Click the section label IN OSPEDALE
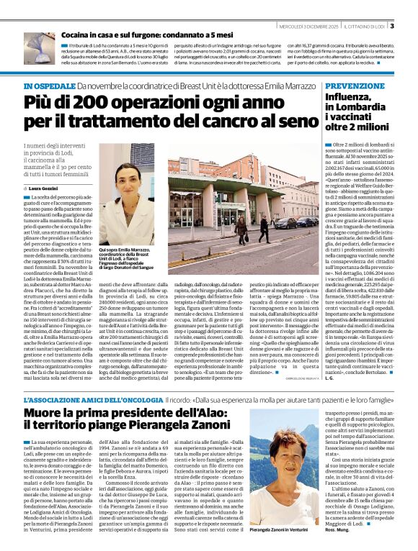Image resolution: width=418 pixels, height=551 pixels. pos(47,86)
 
